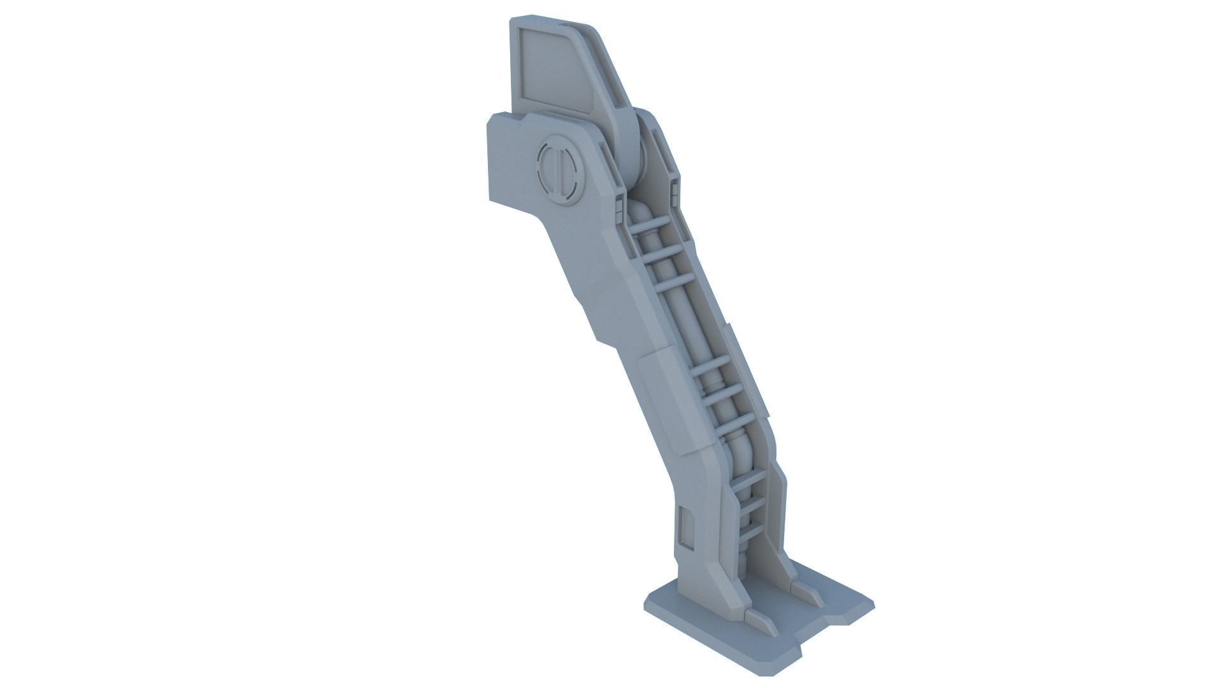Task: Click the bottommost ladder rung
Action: click(x=752, y=531)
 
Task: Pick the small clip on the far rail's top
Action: click(x=674, y=187)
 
